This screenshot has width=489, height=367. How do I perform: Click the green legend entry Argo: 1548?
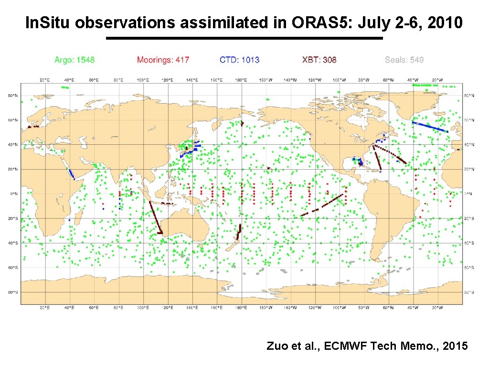click(74, 60)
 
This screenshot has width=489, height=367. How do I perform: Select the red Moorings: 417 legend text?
click(163, 60)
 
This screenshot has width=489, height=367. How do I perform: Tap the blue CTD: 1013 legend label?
click(239, 60)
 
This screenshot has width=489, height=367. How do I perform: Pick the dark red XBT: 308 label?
click(319, 60)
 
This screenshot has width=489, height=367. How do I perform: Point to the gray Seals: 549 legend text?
click(404, 60)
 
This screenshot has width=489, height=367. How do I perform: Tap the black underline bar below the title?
click(244, 38)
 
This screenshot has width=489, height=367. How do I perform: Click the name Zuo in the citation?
click(276, 346)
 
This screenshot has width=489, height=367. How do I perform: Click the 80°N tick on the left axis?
click(13, 96)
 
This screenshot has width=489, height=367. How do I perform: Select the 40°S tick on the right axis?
click(470, 243)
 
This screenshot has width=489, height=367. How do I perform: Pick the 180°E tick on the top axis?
click(242, 80)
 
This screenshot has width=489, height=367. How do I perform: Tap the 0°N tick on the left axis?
click(14, 194)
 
